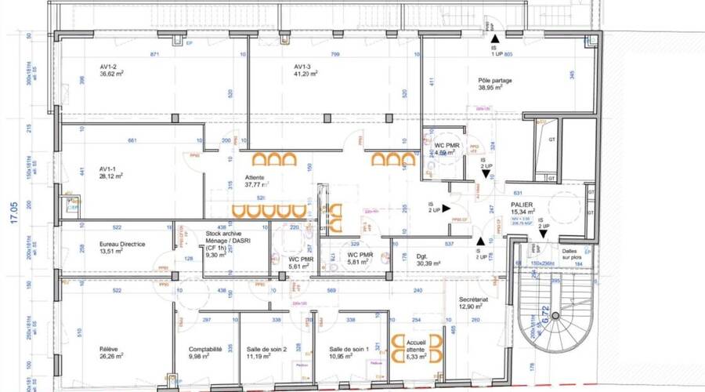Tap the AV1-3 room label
tap(304, 66)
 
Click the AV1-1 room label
tap(108, 169)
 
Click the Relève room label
tap(109, 350)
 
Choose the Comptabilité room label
tap(206, 350)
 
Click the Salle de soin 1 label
tap(348, 350)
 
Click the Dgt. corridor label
tap(421, 255)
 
